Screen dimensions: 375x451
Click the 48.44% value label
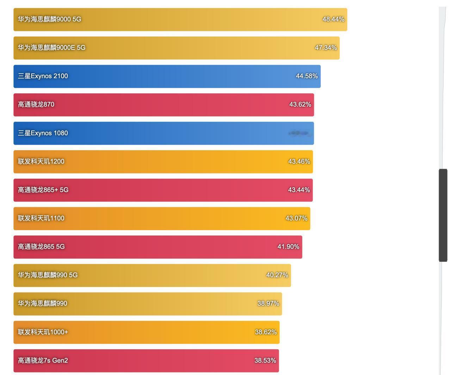tap(333, 19)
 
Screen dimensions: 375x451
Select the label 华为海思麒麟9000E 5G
tap(51, 47)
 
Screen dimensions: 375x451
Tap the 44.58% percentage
tap(307, 76)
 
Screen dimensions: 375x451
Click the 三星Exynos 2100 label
tap(43, 76)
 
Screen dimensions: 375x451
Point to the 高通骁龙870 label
tap(36, 104)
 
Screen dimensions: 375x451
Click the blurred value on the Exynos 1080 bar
tap(299, 133)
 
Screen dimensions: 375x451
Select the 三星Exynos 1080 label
tap(43, 133)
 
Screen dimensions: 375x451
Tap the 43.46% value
tap(299, 161)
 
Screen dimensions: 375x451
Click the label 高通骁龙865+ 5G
tap(43, 190)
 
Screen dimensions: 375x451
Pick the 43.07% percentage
tap(296, 218)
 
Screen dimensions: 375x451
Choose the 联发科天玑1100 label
tap(41, 218)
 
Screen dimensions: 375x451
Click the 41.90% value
tap(288, 247)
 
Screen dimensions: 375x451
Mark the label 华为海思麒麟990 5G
tap(48, 275)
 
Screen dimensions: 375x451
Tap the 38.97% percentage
tap(268, 303)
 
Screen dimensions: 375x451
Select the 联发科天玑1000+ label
tap(43, 332)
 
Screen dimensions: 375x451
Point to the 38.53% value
tap(265, 361)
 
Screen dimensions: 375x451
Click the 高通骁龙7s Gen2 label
tap(43, 361)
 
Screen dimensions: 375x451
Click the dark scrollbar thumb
tap(443, 215)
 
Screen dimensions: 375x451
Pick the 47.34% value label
tap(326, 47)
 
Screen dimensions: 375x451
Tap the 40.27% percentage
tap(277, 275)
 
